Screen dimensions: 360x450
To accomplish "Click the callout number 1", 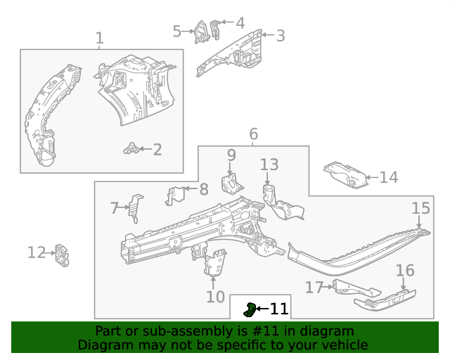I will [x=99, y=38].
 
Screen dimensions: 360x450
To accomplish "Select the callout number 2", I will [x=157, y=149].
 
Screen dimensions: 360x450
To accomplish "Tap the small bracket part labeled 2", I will [x=130, y=148].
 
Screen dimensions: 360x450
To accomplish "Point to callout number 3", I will [x=280, y=36].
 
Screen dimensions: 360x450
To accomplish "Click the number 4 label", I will [x=240, y=22].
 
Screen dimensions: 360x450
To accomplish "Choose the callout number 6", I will [x=253, y=134].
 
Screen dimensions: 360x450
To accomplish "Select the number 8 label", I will [x=204, y=188].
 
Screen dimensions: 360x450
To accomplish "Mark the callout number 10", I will [x=216, y=297].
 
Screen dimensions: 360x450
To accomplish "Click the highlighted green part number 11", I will [x=250, y=308].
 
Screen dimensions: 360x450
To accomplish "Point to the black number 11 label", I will [x=279, y=308].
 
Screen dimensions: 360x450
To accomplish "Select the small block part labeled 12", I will [x=63, y=255].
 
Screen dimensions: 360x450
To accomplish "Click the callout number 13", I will [x=269, y=165].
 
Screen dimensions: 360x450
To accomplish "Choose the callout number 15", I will [x=420, y=207].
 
